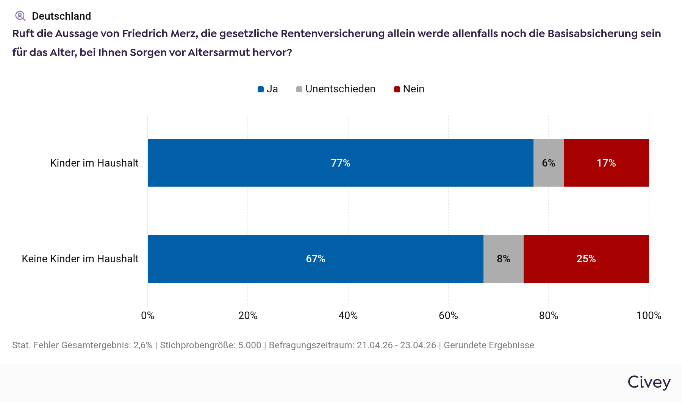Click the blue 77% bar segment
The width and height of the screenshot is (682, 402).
(340, 163)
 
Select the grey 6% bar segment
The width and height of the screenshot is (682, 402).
(548, 163)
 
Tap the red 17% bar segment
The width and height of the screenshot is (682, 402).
(606, 163)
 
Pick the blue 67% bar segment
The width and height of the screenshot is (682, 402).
(315, 259)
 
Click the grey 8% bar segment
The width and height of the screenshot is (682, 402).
(503, 259)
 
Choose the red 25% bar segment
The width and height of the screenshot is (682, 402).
(586, 259)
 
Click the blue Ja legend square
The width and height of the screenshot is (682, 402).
(261, 89)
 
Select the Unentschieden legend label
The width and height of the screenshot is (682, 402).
(340, 89)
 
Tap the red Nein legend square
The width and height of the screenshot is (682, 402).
(397, 89)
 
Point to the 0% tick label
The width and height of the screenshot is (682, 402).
(148, 316)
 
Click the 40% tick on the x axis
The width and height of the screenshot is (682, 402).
(348, 316)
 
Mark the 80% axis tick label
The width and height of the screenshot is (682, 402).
(548, 316)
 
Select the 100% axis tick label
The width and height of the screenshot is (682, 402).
(649, 316)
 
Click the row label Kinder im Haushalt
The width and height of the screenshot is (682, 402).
(94, 163)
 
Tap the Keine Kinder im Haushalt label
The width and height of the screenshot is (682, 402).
(80, 259)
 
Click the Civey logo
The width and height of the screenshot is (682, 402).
(649, 382)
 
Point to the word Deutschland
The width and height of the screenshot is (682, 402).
(61, 16)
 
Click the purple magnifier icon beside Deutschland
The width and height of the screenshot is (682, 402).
(20, 16)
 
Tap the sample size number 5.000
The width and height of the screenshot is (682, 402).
(250, 345)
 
